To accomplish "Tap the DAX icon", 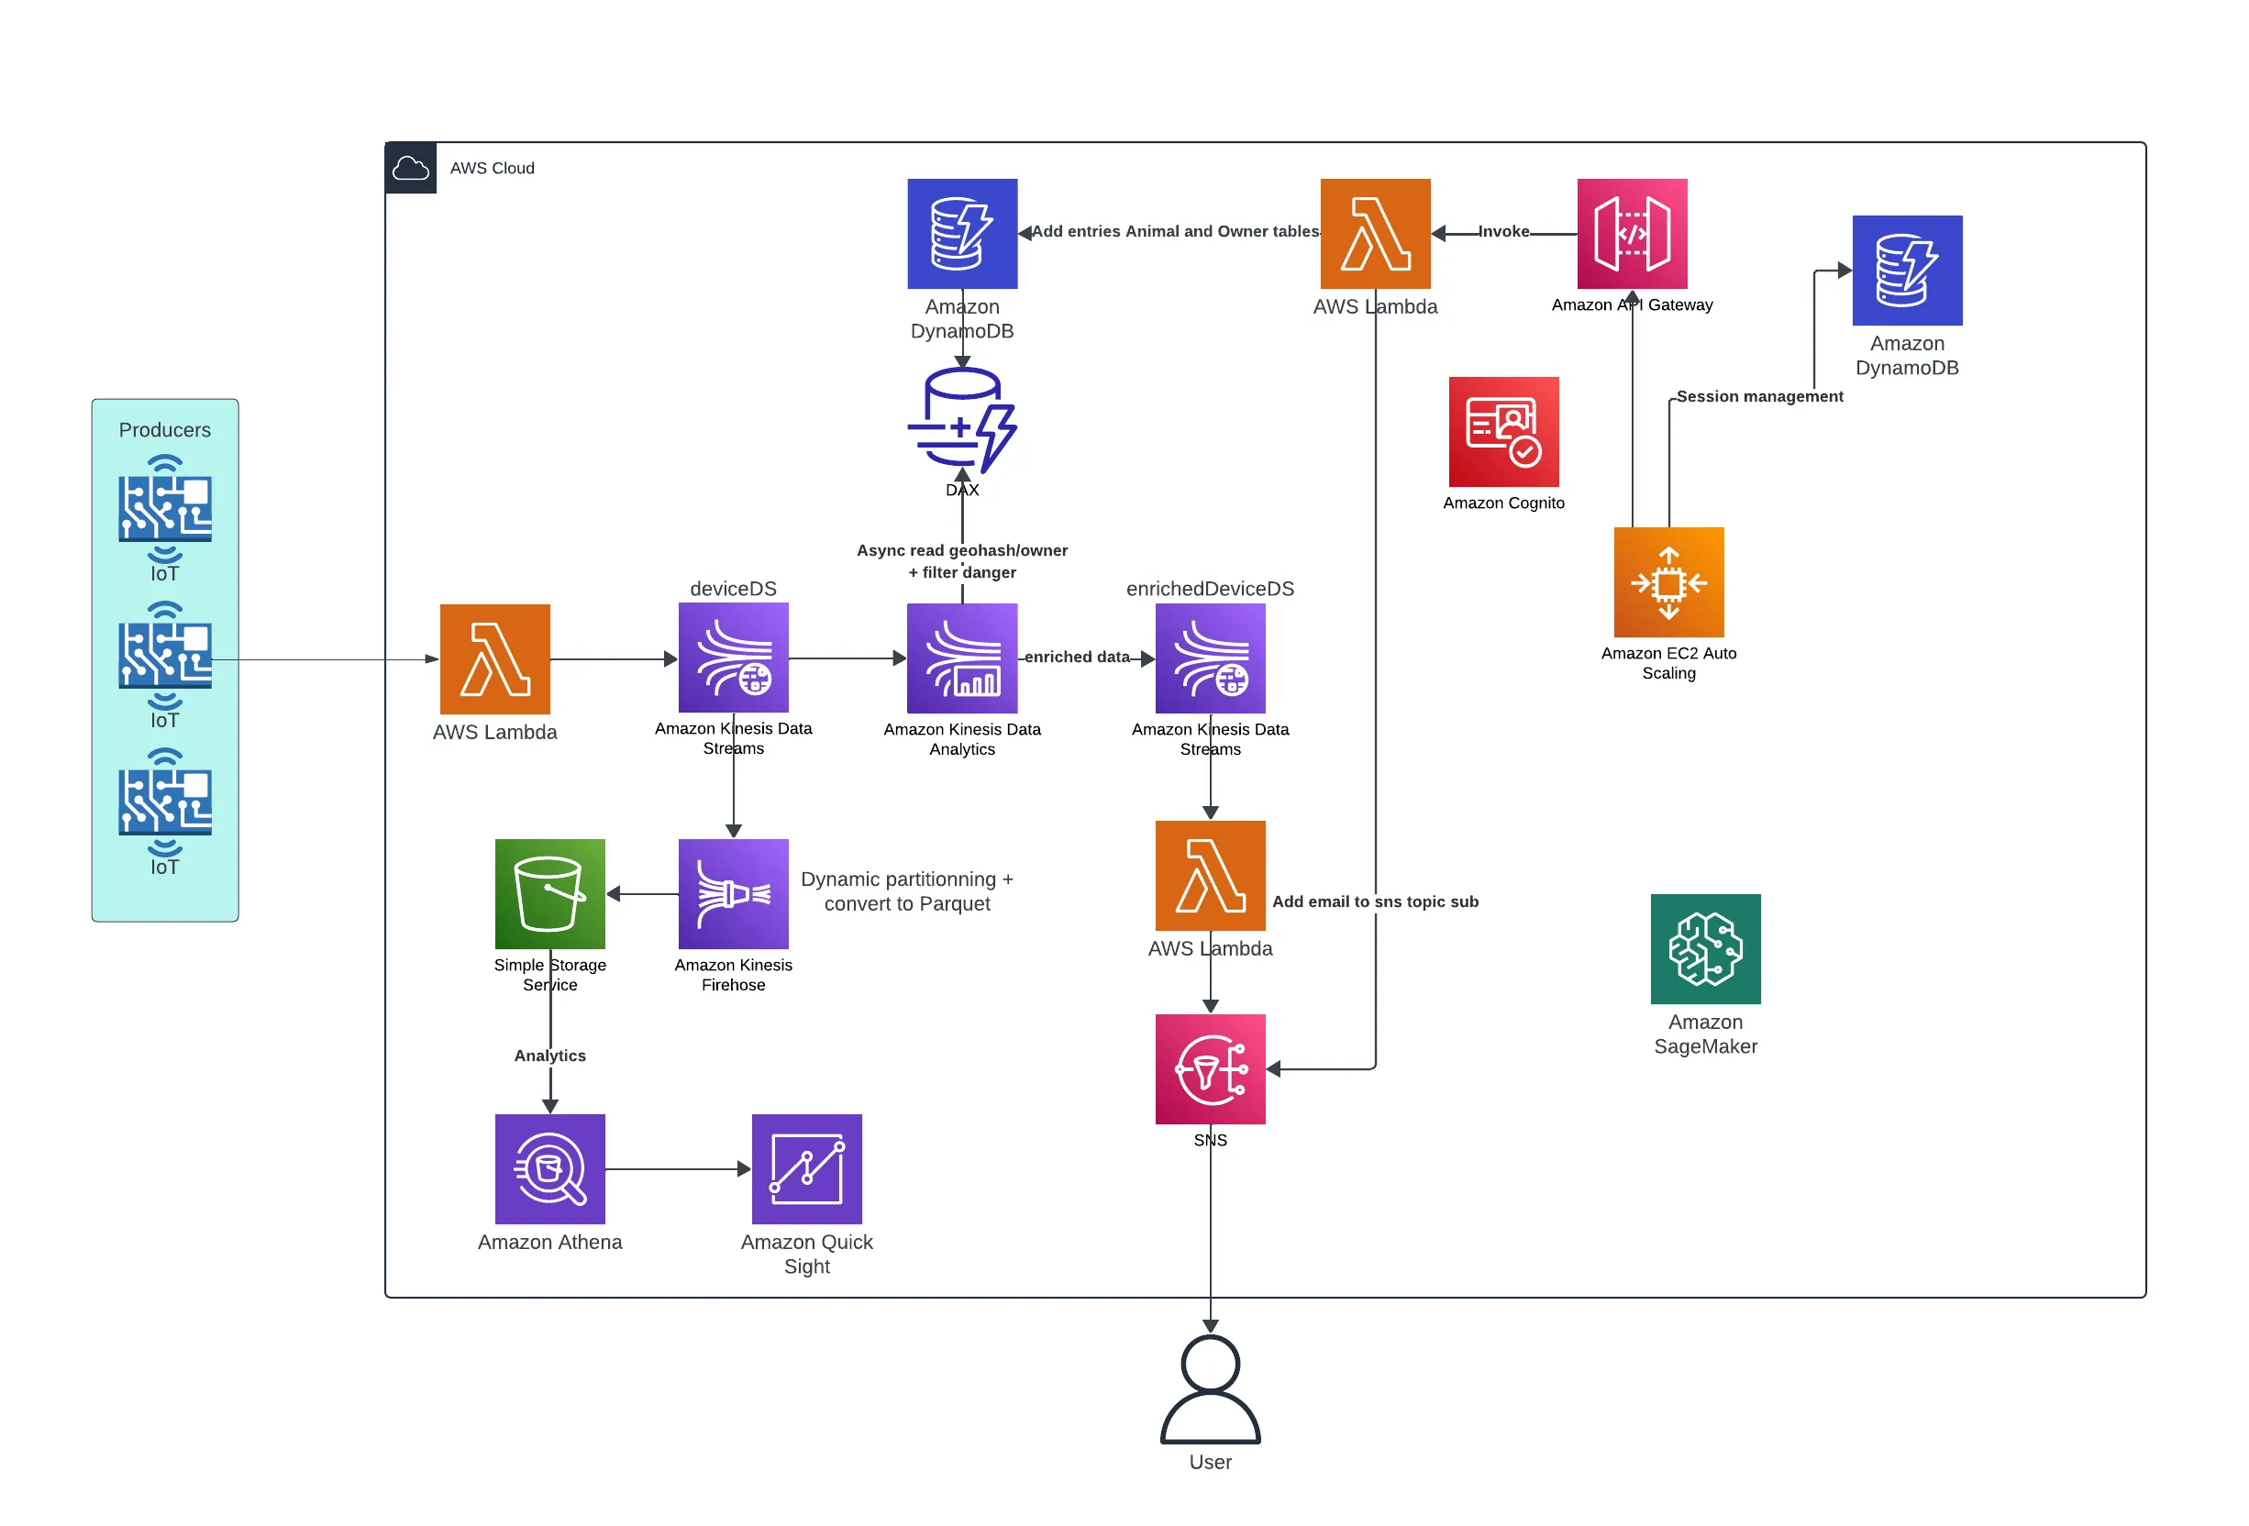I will tap(962, 420).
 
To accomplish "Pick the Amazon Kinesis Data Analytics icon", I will tap(962, 658).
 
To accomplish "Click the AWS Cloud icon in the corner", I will tap(410, 169).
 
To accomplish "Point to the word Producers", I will tap(164, 429).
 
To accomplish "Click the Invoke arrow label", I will tap(1503, 231).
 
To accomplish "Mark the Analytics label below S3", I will tap(549, 1055).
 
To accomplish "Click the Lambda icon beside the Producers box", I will tap(494, 659).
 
